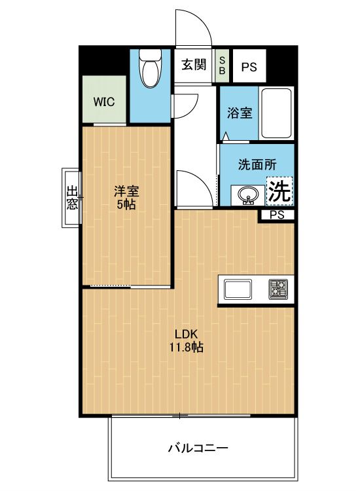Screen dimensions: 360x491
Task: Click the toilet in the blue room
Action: pyautogui.click(x=151, y=68)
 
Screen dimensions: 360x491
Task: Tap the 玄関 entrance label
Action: pyautogui.click(x=194, y=65)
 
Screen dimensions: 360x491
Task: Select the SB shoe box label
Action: pyautogui.click(x=222, y=65)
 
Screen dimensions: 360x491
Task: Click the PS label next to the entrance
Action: pyautogui.click(x=249, y=67)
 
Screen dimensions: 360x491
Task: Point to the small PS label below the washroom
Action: pyautogui.click(x=277, y=215)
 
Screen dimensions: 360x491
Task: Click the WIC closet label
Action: pyautogui.click(x=104, y=101)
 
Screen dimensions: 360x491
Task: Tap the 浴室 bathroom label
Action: pyautogui.click(x=240, y=113)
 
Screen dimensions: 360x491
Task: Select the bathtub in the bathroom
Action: pyautogui.click(x=276, y=113)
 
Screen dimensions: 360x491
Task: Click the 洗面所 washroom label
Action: pyautogui.click(x=257, y=164)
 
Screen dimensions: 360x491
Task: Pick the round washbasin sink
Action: pyautogui.click(x=248, y=195)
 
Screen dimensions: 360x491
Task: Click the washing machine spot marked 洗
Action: pyautogui.click(x=279, y=191)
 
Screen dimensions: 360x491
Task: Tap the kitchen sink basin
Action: pyautogui.click(x=238, y=289)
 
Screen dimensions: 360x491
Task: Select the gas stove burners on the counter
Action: pyautogui.click(x=278, y=289)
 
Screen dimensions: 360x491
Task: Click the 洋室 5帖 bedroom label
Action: pyautogui.click(x=126, y=198)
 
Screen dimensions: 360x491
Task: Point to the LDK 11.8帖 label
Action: pyautogui.click(x=187, y=340)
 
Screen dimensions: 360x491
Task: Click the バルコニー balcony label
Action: pyautogui.click(x=198, y=448)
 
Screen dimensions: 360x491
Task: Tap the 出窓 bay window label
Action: pyautogui.click(x=72, y=198)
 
